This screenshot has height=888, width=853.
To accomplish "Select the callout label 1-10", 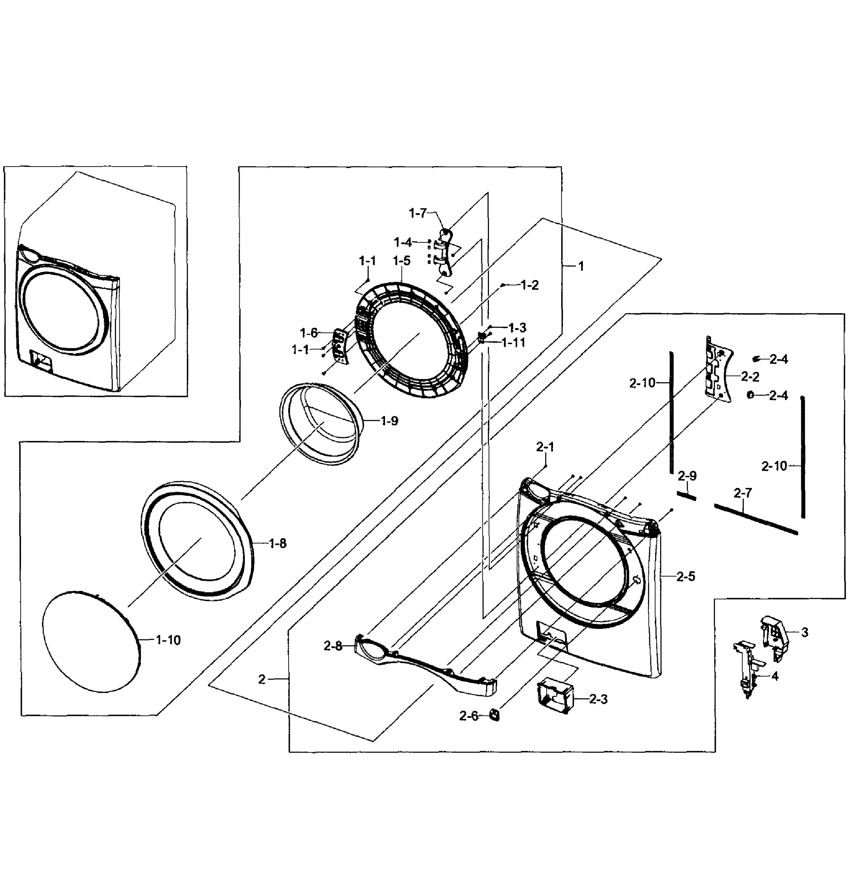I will (x=168, y=640).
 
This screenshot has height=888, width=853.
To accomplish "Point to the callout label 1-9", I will (x=389, y=421).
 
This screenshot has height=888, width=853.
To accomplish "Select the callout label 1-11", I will (x=513, y=343).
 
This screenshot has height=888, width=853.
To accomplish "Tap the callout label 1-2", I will (x=529, y=285).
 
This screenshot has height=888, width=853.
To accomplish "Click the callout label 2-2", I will (x=750, y=377).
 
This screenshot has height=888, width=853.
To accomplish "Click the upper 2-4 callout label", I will (x=778, y=359).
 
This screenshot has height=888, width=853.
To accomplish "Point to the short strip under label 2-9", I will (x=686, y=496).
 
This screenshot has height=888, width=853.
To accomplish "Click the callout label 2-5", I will (x=685, y=576).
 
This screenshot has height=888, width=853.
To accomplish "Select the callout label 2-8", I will (x=333, y=646).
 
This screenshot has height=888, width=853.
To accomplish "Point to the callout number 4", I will (x=775, y=676).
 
